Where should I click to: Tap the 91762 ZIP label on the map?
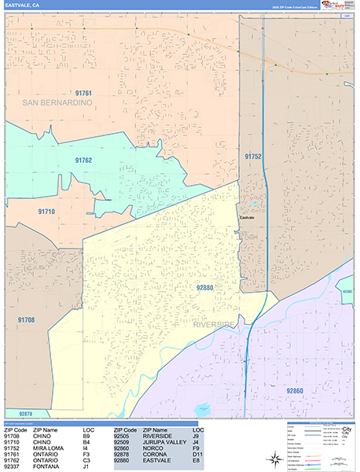click(x=84, y=160)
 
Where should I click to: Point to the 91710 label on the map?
click(x=46, y=212)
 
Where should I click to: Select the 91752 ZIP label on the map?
click(x=252, y=157)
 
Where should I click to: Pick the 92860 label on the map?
click(x=295, y=390)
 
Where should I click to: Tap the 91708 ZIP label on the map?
click(x=26, y=319)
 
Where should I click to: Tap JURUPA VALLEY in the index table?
click(x=164, y=443)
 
